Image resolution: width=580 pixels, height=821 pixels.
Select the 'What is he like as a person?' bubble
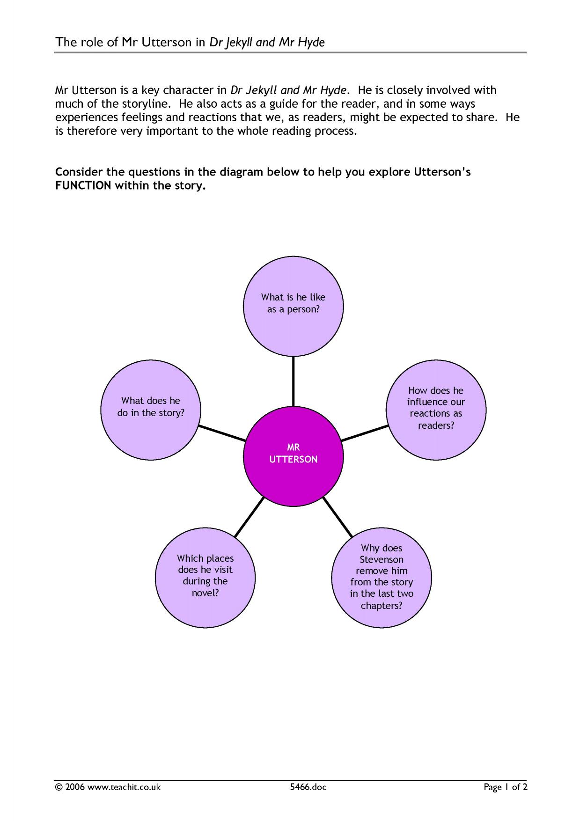pyautogui.click(x=294, y=307)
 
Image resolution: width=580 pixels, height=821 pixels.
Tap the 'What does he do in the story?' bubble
pyautogui.click(x=151, y=410)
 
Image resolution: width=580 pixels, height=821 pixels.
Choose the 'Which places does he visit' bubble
pyautogui.click(x=205, y=578)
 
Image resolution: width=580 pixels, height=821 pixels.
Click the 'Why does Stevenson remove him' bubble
pyautogui.click(x=382, y=578)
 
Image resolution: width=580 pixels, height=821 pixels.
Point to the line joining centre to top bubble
pyautogui.click(x=294, y=382)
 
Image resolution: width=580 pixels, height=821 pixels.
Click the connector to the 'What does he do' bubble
pyautogui.click(x=222, y=433)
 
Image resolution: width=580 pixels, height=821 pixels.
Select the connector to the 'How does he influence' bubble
pyautogui.click(x=364, y=433)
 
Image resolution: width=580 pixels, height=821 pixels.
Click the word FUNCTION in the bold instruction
pyautogui.click(x=83, y=185)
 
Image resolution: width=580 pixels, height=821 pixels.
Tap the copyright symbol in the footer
pyautogui.click(x=59, y=787)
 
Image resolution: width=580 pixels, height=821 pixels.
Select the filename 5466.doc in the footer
pyautogui.click(x=308, y=787)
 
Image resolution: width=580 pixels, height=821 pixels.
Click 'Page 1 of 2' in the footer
pyautogui.click(x=506, y=787)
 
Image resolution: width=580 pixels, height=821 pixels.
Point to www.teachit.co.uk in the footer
pyautogui.click(x=124, y=787)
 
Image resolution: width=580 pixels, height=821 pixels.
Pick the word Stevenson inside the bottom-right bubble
pyautogui.click(x=382, y=559)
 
